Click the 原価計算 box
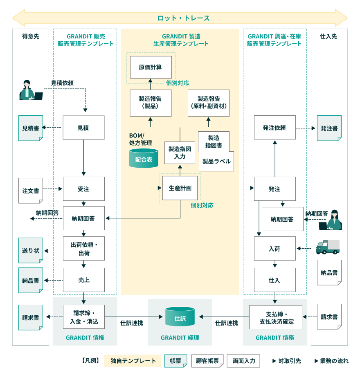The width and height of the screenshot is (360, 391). click(151, 67)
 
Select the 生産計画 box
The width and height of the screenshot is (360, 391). click(180, 189)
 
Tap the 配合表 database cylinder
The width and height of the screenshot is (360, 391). click(144, 159)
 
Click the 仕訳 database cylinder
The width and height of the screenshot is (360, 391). click(180, 317)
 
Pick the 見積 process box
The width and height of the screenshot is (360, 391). click(83, 128)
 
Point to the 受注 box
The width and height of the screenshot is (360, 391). click(83, 189)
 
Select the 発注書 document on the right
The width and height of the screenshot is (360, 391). click(329, 128)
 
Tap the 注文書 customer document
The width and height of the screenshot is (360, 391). click(31, 190)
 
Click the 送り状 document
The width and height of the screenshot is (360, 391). click(31, 250)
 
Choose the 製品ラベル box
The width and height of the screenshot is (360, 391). click(216, 161)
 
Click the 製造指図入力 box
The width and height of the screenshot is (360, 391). click(180, 153)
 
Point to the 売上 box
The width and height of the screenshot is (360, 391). click(83, 280)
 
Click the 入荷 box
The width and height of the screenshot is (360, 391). click(274, 248)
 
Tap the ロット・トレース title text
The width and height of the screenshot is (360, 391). click(184, 18)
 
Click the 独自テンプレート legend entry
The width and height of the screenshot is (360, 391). click(133, 361)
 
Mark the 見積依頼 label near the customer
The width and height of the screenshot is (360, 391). click(62, 83)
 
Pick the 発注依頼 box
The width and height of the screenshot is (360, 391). click(274, 128)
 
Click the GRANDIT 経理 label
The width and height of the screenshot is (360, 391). click(180, 337)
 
